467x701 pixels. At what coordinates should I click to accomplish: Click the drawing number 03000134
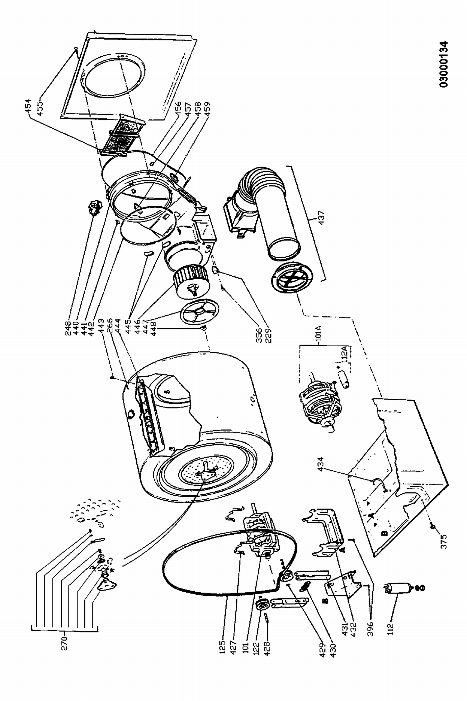[x=443, y=64]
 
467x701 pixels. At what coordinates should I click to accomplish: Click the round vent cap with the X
[x=291, y=278]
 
